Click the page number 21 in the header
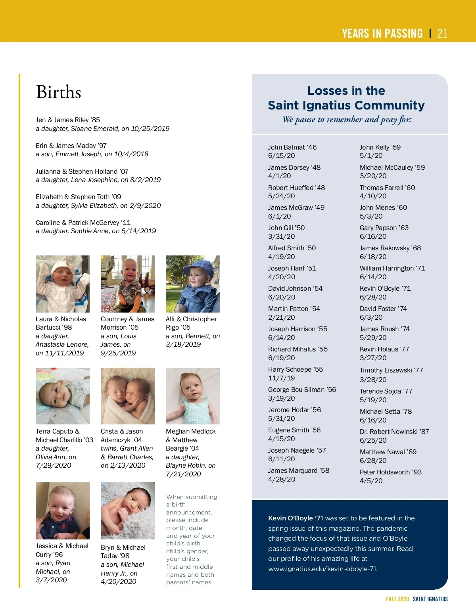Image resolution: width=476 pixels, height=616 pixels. click(442, 33)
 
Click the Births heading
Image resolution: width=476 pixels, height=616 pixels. click(59, 92)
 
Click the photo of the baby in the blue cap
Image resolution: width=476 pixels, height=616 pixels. click(193, 284)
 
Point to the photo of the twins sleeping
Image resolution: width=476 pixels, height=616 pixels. click(128, 396)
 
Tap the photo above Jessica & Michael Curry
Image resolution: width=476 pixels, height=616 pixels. click(63, 510)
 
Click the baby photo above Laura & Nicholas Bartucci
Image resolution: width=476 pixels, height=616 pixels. click(63, 284)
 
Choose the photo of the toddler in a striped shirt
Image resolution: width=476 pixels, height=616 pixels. click(128, 284)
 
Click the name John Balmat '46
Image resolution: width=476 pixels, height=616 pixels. click(292, 147)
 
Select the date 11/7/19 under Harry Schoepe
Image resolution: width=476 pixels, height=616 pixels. click(281, 378)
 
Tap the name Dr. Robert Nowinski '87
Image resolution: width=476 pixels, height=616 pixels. click(394, 432)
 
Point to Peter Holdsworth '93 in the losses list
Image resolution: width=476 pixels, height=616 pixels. click(391, 472)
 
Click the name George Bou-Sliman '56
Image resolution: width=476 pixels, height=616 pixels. click(302, 390)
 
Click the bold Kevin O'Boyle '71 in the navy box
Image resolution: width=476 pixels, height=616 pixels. click(296, 518)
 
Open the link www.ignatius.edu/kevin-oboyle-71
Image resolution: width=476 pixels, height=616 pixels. click(322, 569)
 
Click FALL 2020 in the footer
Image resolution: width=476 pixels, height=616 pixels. click(397, 599)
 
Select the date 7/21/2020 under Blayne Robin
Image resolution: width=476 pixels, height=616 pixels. click(183, 474)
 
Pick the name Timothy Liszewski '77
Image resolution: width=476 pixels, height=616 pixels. click(392, 370)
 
